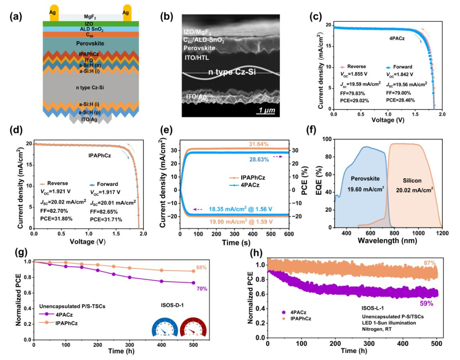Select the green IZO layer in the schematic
point(90,24)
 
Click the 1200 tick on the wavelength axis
point(442,234)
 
